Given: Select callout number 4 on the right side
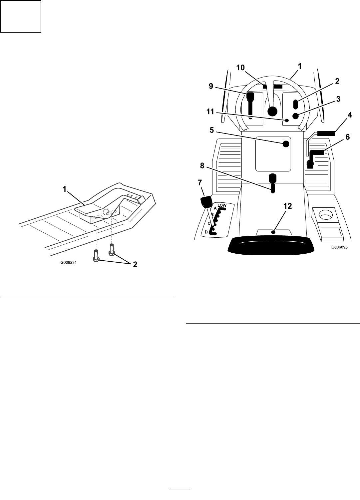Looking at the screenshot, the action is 349,115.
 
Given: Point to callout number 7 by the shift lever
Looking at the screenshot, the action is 199,182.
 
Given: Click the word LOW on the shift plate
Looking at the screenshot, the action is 222,205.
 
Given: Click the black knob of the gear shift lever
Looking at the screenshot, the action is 206,202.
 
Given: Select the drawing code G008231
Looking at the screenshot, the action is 69,262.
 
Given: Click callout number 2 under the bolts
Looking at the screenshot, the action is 135,265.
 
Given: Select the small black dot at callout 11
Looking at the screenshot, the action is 287,120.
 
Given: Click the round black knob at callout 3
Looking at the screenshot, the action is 295,116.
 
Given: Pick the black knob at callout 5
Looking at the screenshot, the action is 286,144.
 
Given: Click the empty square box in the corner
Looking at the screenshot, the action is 21,16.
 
